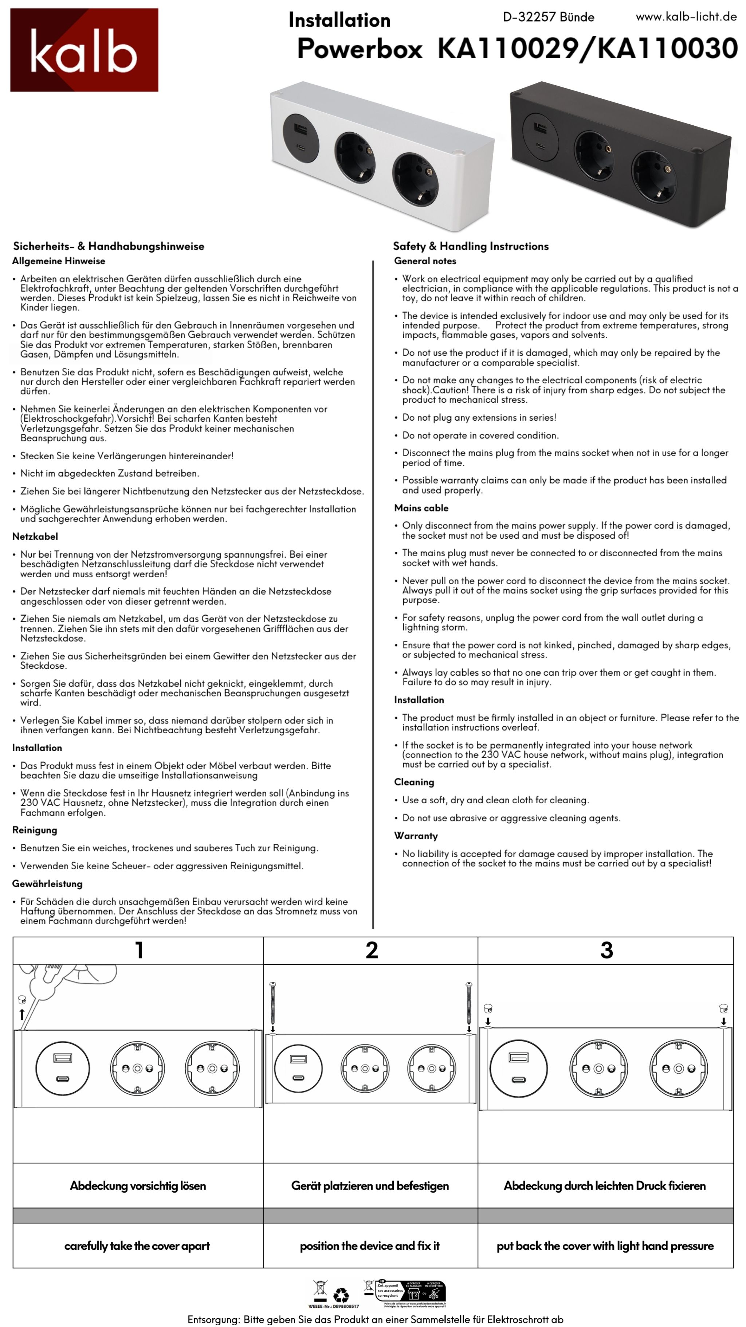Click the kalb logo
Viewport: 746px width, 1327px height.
(84, 50)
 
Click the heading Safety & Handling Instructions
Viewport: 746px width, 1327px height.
(471, 246)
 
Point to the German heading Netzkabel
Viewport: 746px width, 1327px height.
(35, 536)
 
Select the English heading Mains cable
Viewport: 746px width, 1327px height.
(421, 508)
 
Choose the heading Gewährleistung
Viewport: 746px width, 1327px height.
(47, 883)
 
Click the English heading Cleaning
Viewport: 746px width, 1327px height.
(414, 782)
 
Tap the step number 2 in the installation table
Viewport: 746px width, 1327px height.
(372, 950)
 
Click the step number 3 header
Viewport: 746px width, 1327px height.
(606, 950)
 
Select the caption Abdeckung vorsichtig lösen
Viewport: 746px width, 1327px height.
(138, 1185)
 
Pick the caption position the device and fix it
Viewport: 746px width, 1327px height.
(370, 1246)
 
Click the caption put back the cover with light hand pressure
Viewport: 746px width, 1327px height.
(605, 1246)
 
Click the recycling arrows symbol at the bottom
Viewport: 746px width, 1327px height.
(341, 1295)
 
